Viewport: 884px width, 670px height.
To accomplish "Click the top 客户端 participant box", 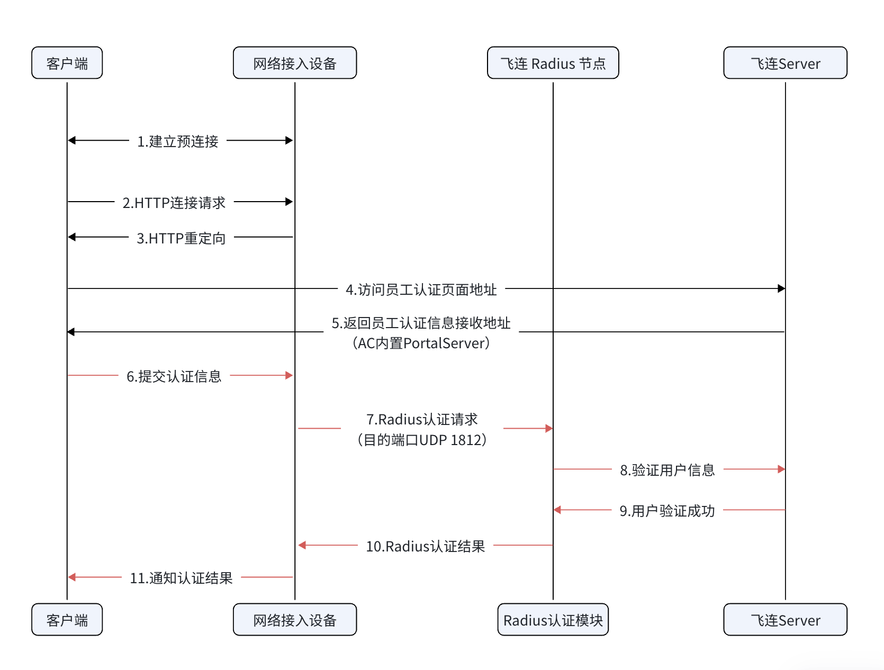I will [x=67, y=63].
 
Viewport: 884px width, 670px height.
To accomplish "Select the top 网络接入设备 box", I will [x=294, y=63].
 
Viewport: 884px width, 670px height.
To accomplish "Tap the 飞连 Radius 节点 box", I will [x=553, y=63].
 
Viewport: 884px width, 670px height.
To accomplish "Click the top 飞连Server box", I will [x=785, y=63].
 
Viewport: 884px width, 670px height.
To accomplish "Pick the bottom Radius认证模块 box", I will [x=553, y=620].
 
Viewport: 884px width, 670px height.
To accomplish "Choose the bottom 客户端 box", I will [x=67, y=620].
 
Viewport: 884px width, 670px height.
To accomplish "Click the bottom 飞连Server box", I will [x=785, y=620].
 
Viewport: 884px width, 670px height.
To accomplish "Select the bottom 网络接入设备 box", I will [x=294, y=620].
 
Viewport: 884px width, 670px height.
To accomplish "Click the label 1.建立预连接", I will [x=178, y=141].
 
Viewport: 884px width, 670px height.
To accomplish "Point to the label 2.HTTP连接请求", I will [x=174, y=203].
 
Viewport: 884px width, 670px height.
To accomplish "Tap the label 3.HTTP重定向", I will [x=181, y=238].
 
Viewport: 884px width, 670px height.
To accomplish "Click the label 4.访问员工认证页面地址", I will [x=421, y=289].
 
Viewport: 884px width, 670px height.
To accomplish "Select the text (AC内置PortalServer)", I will [x=421, y=343].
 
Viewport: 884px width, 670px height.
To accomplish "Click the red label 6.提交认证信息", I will [x=174, y=376].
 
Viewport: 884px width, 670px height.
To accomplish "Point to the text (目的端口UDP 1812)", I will [x=422, y=440].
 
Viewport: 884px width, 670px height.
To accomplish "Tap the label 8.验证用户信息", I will [x=667, y=470].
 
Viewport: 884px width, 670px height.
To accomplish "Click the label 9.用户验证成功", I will [x=667, y=511].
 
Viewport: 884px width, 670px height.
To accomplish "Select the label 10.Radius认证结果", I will [x=426, y=546].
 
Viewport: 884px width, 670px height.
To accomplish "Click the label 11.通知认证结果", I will [x=182, y=578].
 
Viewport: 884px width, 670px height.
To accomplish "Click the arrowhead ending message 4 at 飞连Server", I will [x=781, y=288].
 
